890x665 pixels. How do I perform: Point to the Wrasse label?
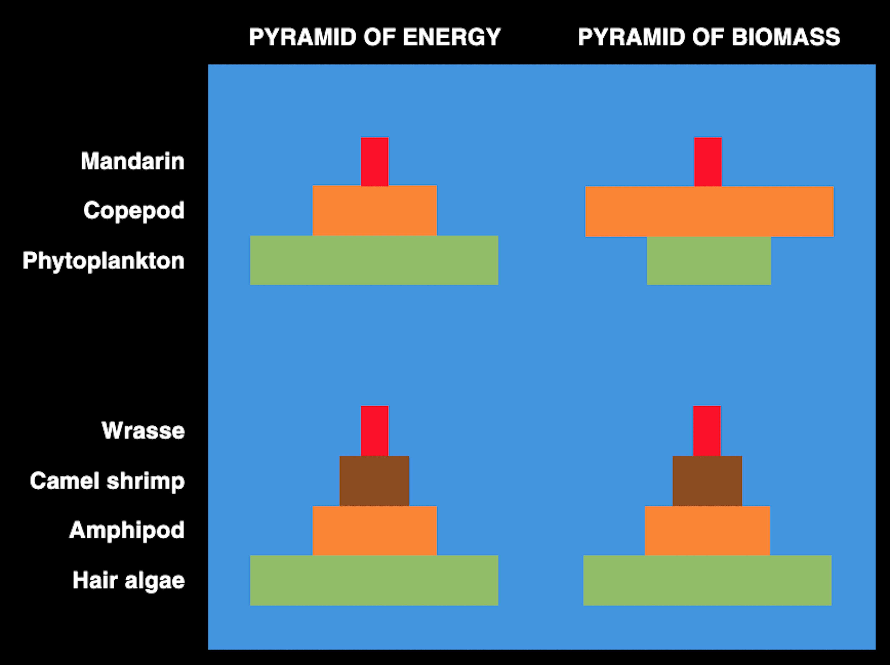143,431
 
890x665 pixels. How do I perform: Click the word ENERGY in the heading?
452,37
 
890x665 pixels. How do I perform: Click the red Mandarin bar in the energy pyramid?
375,162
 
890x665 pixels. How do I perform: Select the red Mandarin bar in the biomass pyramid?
708,162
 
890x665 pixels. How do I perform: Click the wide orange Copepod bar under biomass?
709,212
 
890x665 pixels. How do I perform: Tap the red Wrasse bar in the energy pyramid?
375,431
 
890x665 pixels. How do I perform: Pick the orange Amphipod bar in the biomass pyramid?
707,531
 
